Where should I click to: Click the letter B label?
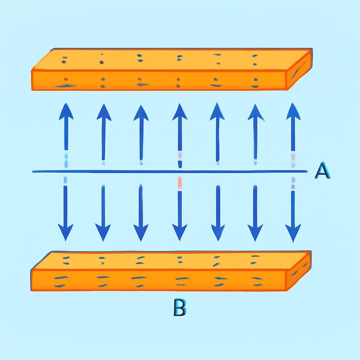(180, 307)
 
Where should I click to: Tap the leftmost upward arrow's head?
(66, 111)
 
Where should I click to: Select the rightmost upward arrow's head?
(293, 111)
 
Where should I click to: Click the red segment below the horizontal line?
(180, 182)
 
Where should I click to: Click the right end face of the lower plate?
(298, 271)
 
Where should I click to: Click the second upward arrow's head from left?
(104, 112)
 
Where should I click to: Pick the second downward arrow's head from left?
(103, 233)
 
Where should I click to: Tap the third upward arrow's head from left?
(141, 113)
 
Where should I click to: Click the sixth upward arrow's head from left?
(256, 112)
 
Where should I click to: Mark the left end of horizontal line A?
(32, 172)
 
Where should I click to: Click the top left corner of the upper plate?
(54, 49)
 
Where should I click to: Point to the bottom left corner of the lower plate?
(31, 291)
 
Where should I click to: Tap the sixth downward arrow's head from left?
(255, 233)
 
